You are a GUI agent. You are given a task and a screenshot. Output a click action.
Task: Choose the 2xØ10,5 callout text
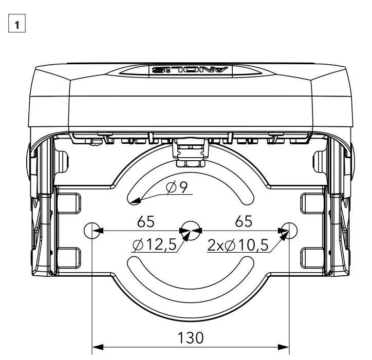point(238,245)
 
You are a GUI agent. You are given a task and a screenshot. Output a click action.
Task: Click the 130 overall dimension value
point(190,337)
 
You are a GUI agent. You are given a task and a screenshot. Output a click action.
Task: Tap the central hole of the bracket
point(190,229)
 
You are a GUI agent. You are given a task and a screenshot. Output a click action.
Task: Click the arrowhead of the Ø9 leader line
point(134,202)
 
